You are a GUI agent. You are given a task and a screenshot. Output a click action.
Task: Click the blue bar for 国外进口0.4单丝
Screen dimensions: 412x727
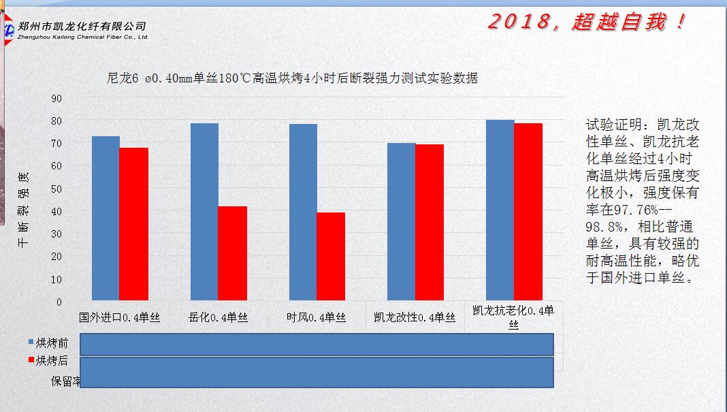pos(106,218)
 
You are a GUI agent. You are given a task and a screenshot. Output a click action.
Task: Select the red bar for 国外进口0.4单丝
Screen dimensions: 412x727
pos(133,224)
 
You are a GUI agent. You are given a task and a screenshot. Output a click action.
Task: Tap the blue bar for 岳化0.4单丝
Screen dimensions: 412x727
pos(204,212)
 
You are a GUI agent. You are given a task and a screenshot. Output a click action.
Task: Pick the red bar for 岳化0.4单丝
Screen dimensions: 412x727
pos(232,253)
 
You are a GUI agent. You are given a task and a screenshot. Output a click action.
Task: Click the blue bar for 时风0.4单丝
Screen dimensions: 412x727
pos(303,212)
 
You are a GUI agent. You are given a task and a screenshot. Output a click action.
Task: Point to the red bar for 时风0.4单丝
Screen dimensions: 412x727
pos(331,256)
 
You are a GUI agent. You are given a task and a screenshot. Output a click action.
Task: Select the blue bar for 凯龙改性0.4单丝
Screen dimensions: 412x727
pos(402,221)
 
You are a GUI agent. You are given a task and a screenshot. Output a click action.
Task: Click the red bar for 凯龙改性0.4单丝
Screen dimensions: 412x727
pos(430,222)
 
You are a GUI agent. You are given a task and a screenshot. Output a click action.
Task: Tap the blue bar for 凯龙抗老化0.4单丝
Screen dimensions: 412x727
pos(500,210)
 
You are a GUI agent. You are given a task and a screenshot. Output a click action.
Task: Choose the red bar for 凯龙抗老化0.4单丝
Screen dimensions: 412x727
pos(528,212)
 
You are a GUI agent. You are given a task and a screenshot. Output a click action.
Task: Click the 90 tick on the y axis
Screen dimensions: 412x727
pos(56,98)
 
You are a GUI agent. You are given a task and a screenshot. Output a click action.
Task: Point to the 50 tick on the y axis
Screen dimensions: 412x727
pos(56,189)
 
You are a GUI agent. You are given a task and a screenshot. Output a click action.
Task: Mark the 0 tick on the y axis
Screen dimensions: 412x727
pos(59,302)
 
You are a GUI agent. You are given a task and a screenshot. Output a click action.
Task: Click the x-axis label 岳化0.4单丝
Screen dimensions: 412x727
pos(218,317)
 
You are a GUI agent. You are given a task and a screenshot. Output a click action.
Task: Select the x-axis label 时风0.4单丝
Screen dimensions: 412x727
pos(317,317)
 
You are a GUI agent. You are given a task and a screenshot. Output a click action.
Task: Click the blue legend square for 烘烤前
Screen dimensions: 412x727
pos(31,343)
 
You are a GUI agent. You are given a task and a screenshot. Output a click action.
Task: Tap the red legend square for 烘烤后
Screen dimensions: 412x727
pos(31,360)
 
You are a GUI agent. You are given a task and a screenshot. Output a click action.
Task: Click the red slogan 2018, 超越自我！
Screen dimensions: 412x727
pos(587,22)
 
